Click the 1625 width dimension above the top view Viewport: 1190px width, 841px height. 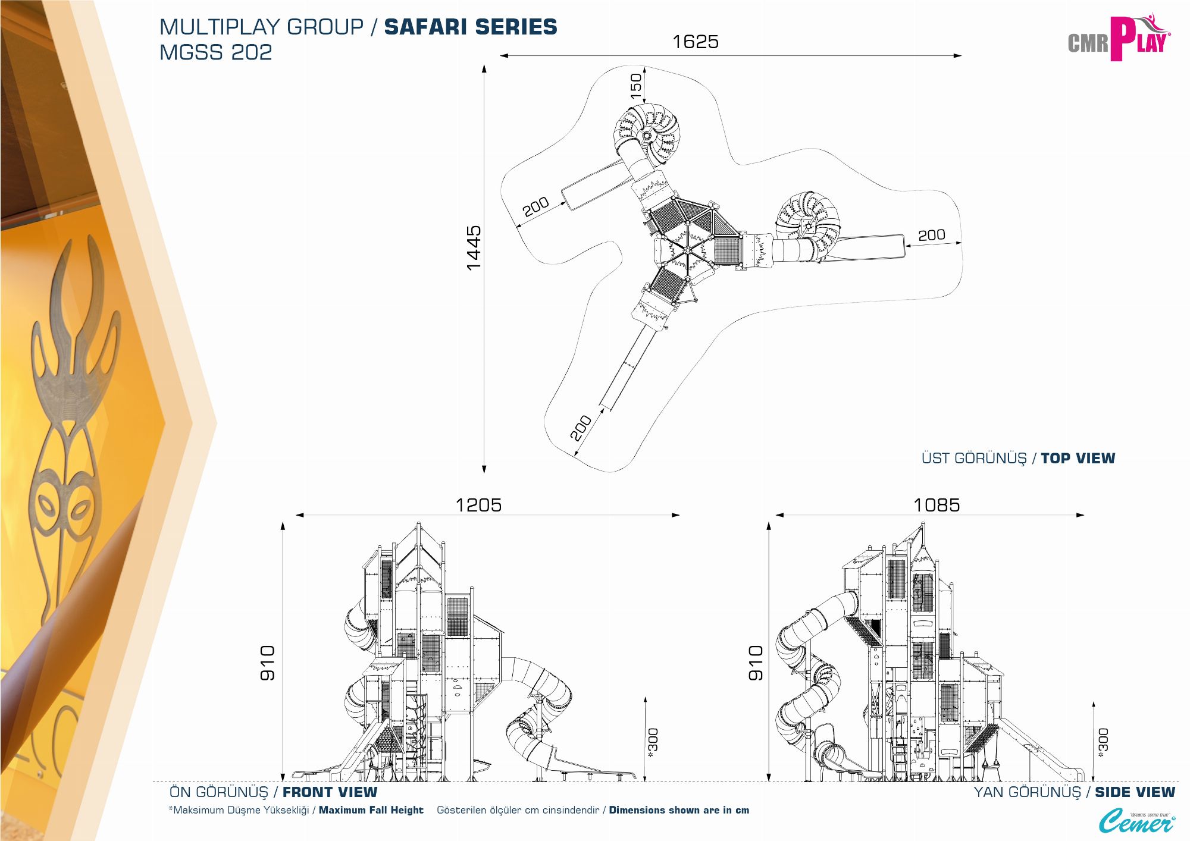pos(695,42)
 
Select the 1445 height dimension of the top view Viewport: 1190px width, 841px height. pos(474,247)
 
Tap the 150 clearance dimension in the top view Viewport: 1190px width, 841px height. pos(636,86)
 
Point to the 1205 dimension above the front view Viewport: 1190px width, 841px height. pos(478,505)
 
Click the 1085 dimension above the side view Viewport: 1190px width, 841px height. pos(937,505)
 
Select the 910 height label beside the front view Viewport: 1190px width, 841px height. pos(267,663)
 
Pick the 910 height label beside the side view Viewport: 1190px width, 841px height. pos(755,663)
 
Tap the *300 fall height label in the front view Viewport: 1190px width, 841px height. pos(653,743)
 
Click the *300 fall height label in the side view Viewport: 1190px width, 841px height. pos(1103,743)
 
